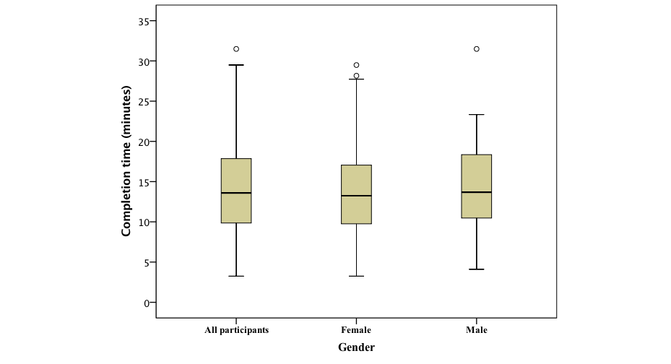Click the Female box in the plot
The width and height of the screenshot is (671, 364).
[356, 194]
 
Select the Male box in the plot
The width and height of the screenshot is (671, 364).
[477, 186]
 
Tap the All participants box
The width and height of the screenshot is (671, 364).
[236, 190]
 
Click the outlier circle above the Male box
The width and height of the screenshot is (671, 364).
[477, 49]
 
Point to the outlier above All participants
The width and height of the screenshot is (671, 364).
[236, 49]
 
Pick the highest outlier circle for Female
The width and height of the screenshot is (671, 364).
[356, 65]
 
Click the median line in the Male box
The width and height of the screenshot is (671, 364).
[477, 192]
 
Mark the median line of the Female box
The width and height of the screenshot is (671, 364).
[356, 196]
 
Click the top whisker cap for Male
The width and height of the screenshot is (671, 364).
[477, 115]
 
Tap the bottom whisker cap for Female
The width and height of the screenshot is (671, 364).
[356, 276]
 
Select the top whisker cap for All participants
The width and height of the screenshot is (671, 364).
[236, 65]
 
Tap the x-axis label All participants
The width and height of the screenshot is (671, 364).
[237, 330]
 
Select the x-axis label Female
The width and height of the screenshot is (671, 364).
[356, 330]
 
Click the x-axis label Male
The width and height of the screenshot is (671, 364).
[477, 330]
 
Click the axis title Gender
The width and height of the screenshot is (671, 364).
[356, 347]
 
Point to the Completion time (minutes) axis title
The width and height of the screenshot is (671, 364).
[126, 162]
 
